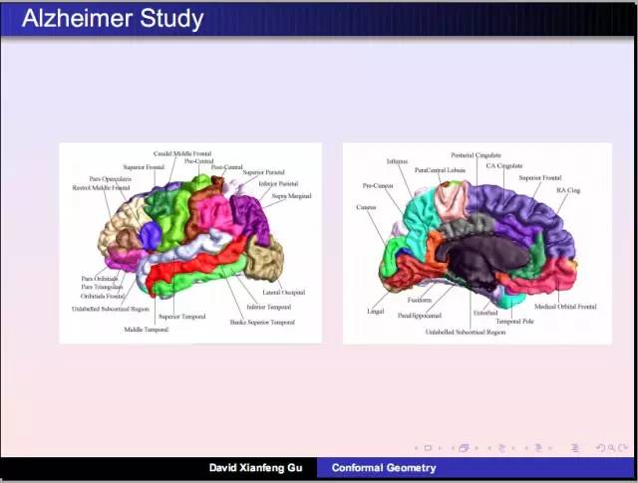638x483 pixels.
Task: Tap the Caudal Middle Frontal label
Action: click(x=182, y=153)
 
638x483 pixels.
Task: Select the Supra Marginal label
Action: click(x=292, y=196)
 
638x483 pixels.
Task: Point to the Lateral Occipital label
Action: click(x=284, y=293)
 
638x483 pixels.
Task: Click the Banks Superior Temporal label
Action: click(x=262, y=322)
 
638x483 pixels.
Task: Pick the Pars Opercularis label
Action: click(x=110, y=179)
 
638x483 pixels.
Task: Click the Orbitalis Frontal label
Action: click(x=103, y=297)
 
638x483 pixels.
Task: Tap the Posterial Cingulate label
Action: click(x=477, y=155)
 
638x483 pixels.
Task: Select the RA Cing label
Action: click(x=568, y=189)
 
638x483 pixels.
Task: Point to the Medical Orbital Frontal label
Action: click(x=566, y=307)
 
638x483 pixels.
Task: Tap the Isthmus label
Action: click(x=397, y=161)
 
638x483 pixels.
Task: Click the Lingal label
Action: click(x=375, y=312)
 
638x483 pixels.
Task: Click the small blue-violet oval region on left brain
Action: click(x=150, y=235)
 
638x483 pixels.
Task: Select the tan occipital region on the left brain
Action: click(x=264, y=257)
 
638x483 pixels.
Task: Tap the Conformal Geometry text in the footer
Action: click(x=373, y=467)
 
